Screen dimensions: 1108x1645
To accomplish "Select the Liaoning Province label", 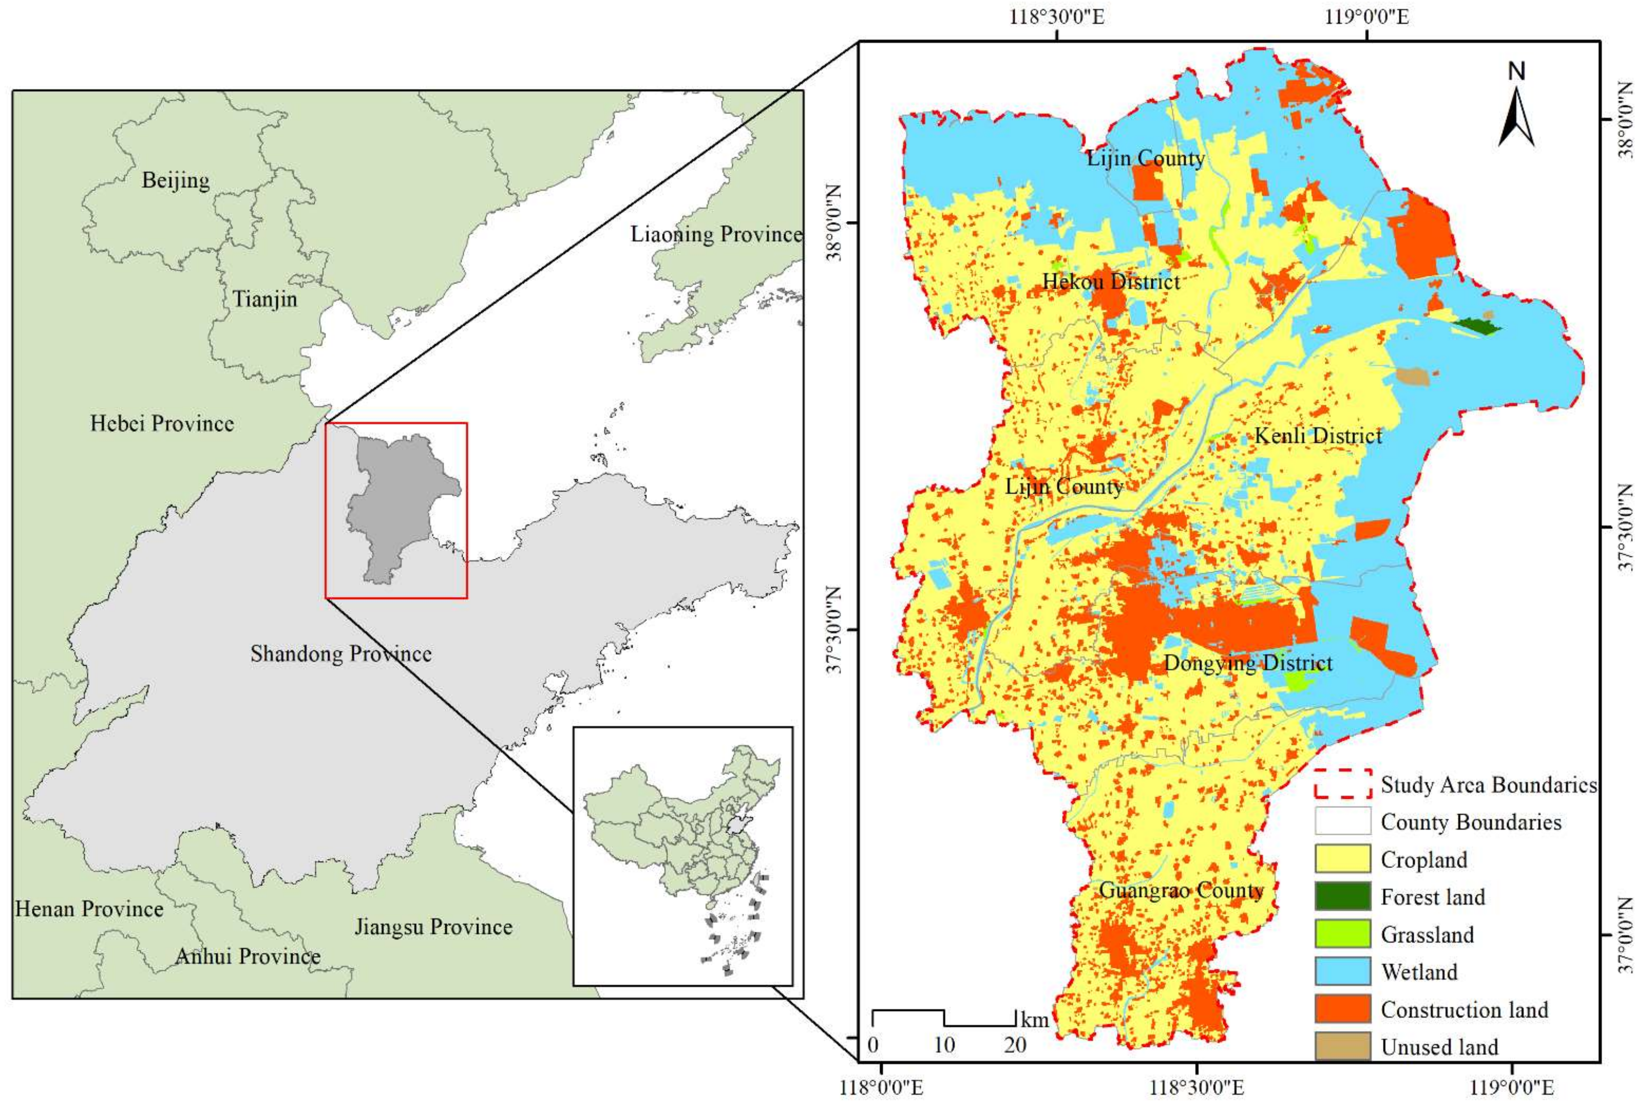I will tap(716, 234).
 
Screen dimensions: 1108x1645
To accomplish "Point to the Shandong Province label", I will tap(340, 654).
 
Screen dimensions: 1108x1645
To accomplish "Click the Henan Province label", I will tap(89, 909).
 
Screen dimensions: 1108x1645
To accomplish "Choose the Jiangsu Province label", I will tap(433, 926).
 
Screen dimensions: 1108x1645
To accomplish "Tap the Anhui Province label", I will tap(247, 956).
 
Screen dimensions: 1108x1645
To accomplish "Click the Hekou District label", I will tap(1111, 282).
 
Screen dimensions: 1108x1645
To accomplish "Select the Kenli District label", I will tap(1318, 436).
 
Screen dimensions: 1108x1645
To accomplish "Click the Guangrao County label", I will tap(1181, 890).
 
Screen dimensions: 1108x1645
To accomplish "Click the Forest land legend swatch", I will tap(1342, 897).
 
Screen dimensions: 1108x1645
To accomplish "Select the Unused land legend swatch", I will tap(1342, 1047).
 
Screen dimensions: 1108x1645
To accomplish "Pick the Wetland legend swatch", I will tap(1342, 972).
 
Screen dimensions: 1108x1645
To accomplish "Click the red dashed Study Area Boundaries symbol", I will tap(1342, 784).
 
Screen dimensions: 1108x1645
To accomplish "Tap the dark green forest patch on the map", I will tap(1477, 326).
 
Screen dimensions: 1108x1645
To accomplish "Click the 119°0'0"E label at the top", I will tap(1366, 16).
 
